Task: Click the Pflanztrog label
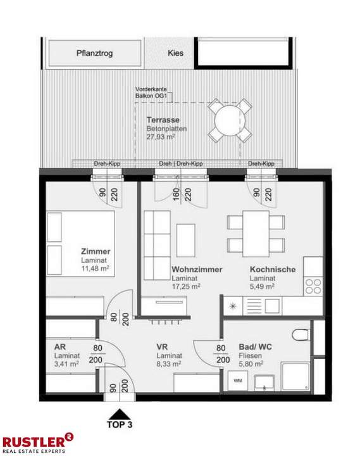coord(95,53)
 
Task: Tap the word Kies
coord(175,53)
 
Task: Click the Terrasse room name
coord(163,120)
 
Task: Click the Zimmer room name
coord(96,251)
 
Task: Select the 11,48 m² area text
coord(96,269)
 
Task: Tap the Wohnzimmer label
coord(197,269)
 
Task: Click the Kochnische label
coord(272,269)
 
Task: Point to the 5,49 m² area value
coord(262,287)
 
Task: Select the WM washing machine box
coord(237,381)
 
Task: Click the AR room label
coord(59,347)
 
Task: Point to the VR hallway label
coord(163,347)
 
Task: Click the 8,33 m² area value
coord(170,364)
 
